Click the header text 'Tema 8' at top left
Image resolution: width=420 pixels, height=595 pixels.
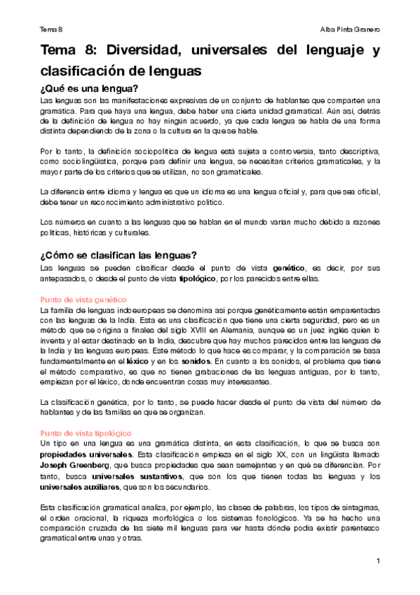(x=51, y=29)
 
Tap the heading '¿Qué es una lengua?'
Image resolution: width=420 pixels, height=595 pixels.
(x=89, y=88)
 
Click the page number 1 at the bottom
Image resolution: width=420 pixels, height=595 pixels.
(x=377, y=561)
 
